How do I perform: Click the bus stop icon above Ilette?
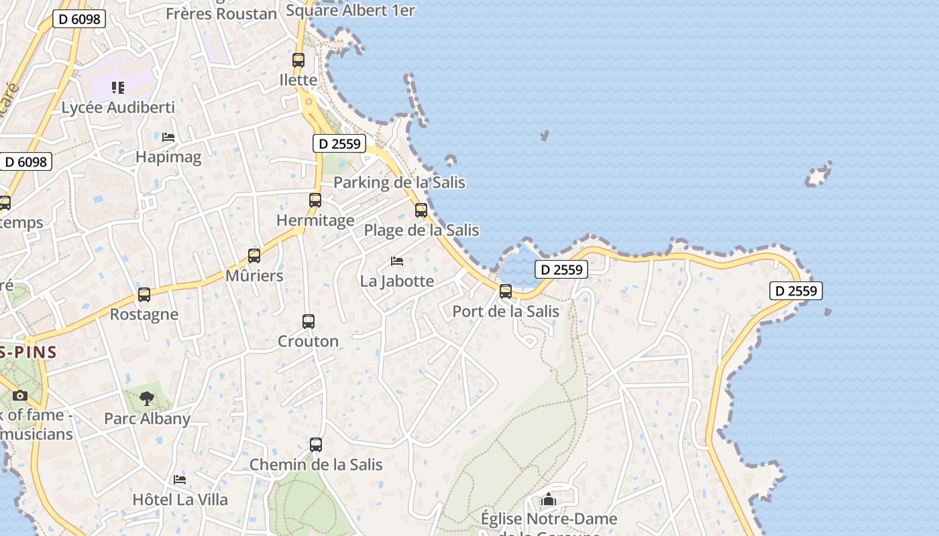tap(298, 60)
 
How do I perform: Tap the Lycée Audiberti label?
tap(118, 107)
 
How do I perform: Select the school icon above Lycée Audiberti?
tap(118, 88)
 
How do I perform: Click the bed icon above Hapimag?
tap(168, 137)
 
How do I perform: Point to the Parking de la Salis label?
tap(399, 182)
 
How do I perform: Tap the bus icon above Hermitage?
tap(315, 200)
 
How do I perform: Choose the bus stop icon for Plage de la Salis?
tap(421, 210)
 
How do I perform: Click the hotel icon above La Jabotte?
tap(397, 261)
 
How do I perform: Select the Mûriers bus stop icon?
tap(254, 255)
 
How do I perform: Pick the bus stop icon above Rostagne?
tap(144, 295)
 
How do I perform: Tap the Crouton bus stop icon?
tap(309, 322)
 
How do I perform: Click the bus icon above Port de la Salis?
tap(506, 291)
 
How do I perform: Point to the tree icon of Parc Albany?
tap(147, 399)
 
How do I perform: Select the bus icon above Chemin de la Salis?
tap(316, 444)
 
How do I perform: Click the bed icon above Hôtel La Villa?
tap(180, 480)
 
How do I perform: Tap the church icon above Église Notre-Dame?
tap(549, 500)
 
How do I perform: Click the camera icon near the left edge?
tap(20, 395)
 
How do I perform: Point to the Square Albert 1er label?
tap(350, 10)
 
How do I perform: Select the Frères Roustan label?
tap(221, 14)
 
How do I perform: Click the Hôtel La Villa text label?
tap(180, 500)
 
